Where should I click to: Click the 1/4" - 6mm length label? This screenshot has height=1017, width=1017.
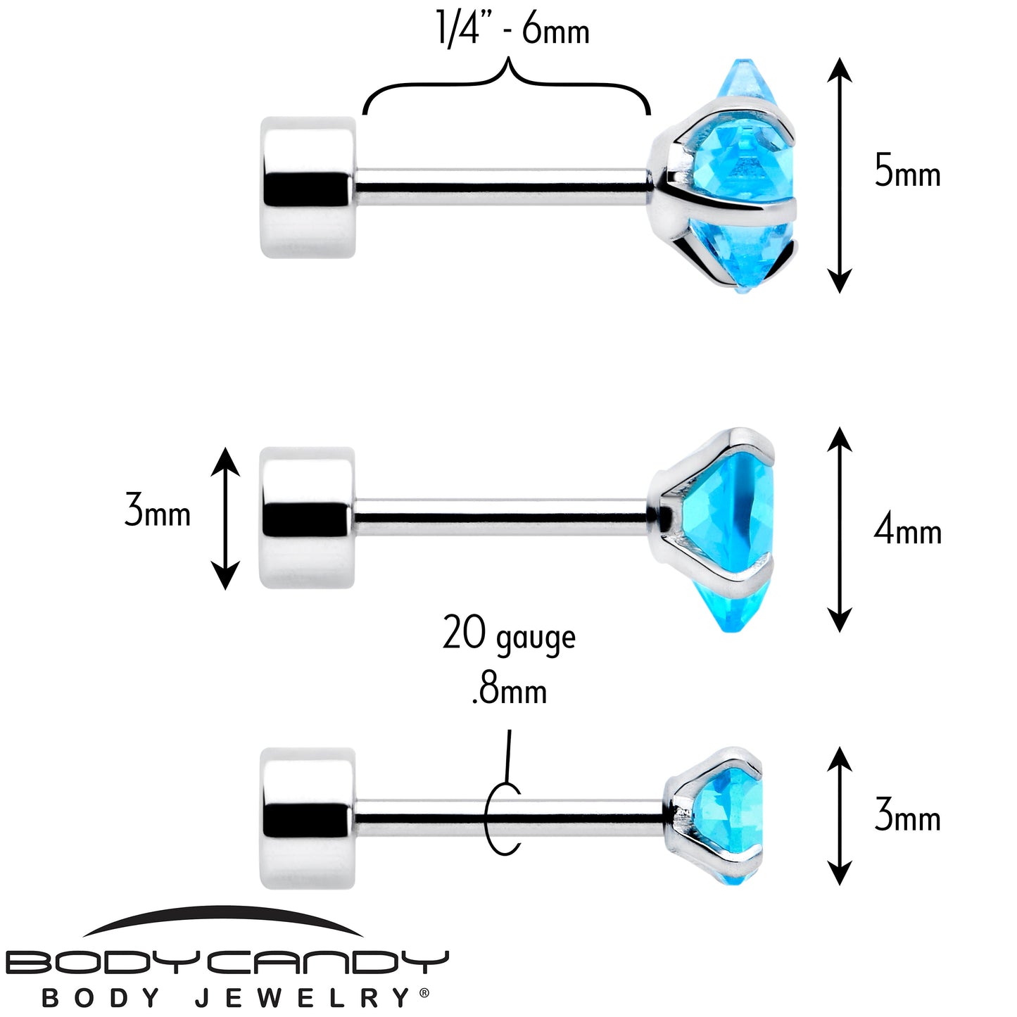point(512,30)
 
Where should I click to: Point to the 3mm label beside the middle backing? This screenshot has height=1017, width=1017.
point(158,511)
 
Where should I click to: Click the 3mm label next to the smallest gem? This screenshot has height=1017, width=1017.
point(907,816)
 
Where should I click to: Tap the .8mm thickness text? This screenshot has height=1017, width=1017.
point(509,690)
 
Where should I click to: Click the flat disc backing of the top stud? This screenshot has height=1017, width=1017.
point(308,187)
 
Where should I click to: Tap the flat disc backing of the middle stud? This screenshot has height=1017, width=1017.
point(308,517)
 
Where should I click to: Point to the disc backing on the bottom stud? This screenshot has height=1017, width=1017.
point(308,818)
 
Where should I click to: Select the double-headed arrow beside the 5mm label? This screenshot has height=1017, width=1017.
point(839,175)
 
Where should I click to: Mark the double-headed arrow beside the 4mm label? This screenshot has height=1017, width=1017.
point(839,529)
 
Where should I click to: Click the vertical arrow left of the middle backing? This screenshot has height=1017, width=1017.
point(225,517)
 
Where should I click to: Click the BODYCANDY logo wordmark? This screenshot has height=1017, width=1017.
point(227,961)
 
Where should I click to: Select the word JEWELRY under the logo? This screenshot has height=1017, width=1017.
point(303,998)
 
